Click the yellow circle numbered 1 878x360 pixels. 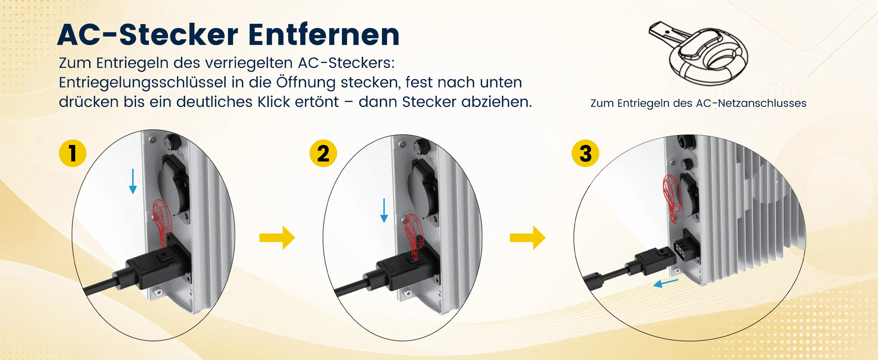tap(72, 153)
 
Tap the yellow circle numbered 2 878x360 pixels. tap(323, 153)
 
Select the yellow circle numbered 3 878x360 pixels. tap(585, 153)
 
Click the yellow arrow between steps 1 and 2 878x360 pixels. tap(277, 238)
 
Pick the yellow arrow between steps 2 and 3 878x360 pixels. tap(527, 238)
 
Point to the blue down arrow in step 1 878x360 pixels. tap(133, 181)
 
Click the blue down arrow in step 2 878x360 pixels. tap(384, 210)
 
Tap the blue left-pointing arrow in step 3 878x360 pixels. tap(666, 284)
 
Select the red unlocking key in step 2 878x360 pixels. tap(414, 235)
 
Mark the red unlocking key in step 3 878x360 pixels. tap(671, 198)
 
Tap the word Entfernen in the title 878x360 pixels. tap(324, 35)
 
